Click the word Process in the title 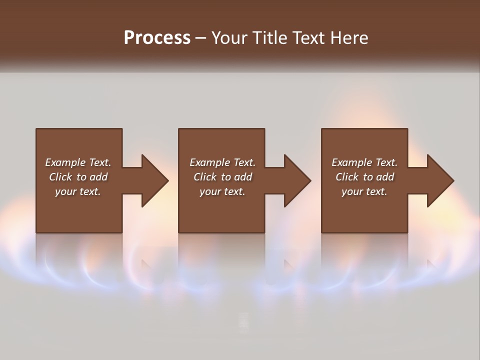point(157,37)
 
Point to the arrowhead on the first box point(152,180)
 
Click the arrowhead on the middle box point(295,180)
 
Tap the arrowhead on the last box point(438,180)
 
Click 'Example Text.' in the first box point(78,162)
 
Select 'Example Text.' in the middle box point(222,162)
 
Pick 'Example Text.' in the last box point(364,162)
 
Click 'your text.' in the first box point(78,191)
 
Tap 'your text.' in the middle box point(222,191)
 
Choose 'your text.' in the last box point(364,191)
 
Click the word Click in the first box point(60,177)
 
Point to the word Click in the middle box point(205,177)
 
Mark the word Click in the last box point(347,177)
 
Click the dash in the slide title point(201,38)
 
